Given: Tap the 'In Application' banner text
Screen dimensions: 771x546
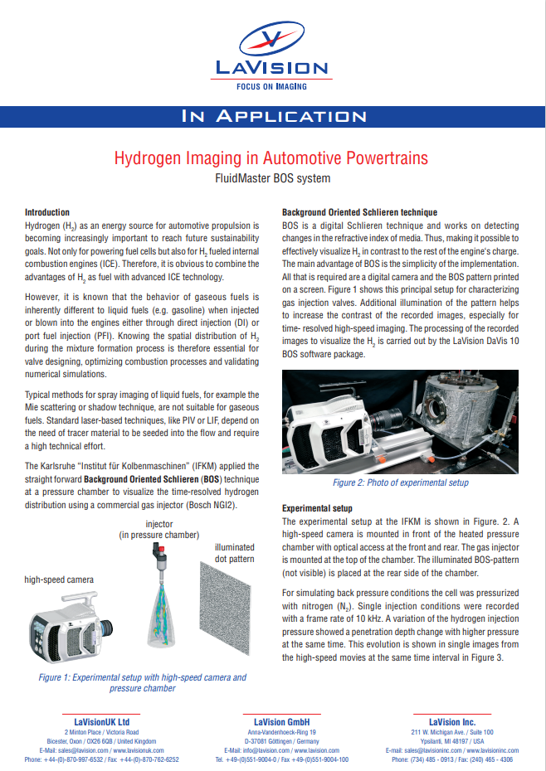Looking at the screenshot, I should (272, 116).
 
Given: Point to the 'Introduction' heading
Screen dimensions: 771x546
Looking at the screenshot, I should (47, 212).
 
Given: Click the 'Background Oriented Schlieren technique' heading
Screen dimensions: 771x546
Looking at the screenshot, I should (359, 212).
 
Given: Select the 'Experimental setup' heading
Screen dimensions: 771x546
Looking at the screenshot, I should (317, 508).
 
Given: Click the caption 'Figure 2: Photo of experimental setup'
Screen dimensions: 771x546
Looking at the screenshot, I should (400, 482).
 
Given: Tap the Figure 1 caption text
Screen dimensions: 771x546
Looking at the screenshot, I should (142, 682).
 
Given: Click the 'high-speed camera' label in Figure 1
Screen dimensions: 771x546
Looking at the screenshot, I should (59, 579).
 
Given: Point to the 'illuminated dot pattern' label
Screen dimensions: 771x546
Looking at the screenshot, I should (234, 554).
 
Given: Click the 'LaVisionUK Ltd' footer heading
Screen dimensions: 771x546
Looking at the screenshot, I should (101, 722).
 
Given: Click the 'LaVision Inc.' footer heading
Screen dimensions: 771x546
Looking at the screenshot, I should (451, 722).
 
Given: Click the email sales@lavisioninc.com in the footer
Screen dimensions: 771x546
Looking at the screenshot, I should (418, 750).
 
